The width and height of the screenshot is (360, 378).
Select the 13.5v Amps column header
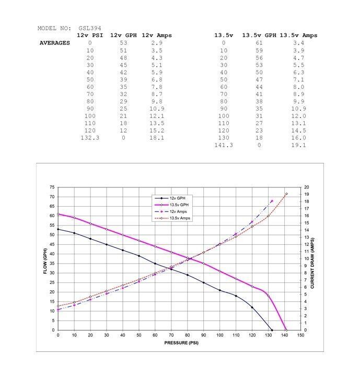pos(298,36)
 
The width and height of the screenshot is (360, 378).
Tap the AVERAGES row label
pos(55,43)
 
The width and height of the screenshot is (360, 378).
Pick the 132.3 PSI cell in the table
pos(90,138)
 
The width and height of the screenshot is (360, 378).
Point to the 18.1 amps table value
pos(157,138)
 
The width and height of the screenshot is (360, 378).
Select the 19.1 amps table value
pos(298,145)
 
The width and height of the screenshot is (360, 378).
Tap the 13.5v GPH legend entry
pos(180,205)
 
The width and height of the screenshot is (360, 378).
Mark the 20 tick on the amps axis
pos(307,187)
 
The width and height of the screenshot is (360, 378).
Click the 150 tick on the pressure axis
pos(300,335)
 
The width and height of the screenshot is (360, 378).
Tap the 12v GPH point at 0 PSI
pos(58,229)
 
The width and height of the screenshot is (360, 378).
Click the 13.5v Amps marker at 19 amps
pos(286,194)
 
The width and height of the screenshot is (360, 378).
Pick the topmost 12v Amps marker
pos(272,201)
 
